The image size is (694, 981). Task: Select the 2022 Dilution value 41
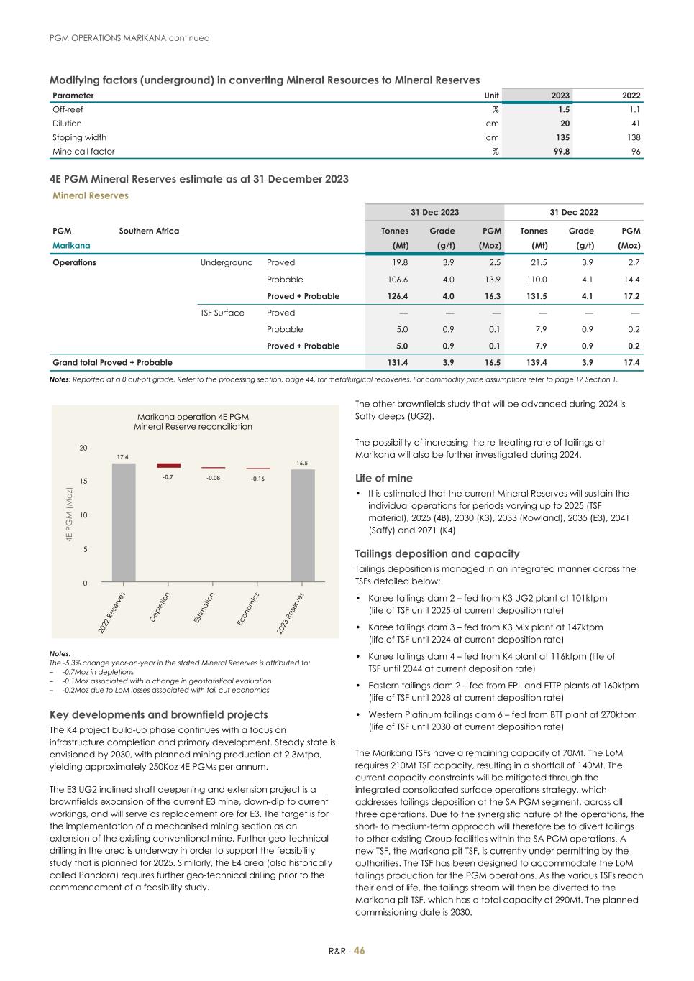tap(635, 124)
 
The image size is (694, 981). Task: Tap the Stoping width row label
tap(79, 137)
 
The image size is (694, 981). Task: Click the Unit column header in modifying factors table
tap(491, 96)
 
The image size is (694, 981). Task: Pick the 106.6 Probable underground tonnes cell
tap(398, 280)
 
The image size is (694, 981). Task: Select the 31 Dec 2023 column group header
tap(434, 212)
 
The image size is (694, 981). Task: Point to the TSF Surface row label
tap(222, 313)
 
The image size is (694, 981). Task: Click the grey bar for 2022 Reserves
tap(124, 522)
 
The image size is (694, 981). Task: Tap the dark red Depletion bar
tap(168, 466)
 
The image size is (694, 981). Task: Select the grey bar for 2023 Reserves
tap(303, 525)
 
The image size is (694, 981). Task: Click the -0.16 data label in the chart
tap(257, 479)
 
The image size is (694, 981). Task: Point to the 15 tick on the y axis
tap(83, 481)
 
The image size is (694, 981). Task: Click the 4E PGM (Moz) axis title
tap(70, 515)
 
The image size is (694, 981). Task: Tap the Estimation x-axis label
tap(204, 607)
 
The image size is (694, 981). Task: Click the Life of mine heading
tap(384, 478)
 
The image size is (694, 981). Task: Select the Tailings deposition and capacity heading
tap(437, 553)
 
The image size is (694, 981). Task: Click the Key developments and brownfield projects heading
tap(158, 714)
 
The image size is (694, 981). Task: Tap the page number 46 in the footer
tap(359, 951)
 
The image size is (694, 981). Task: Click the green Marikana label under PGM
tap(71, 245)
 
